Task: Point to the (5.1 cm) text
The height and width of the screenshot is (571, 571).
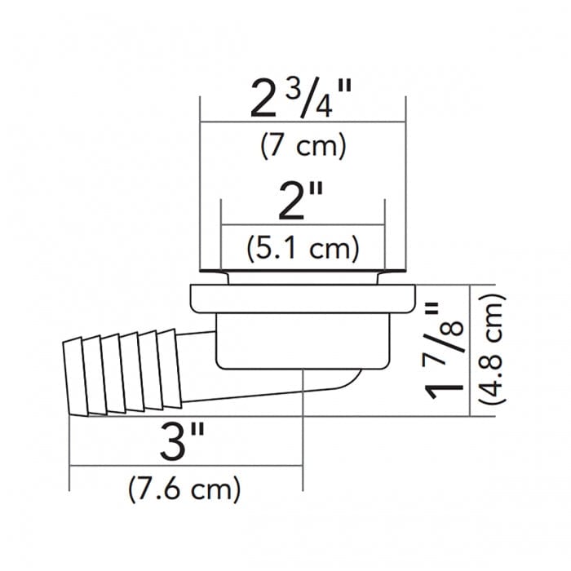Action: click(303, 247)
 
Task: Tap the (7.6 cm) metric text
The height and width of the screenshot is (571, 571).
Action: click(185, 489)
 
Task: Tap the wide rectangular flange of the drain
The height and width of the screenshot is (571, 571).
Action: click(303, 299)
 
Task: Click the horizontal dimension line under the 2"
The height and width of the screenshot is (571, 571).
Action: click(303, 225)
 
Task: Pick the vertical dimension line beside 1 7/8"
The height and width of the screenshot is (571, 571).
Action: click(471, 351)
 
